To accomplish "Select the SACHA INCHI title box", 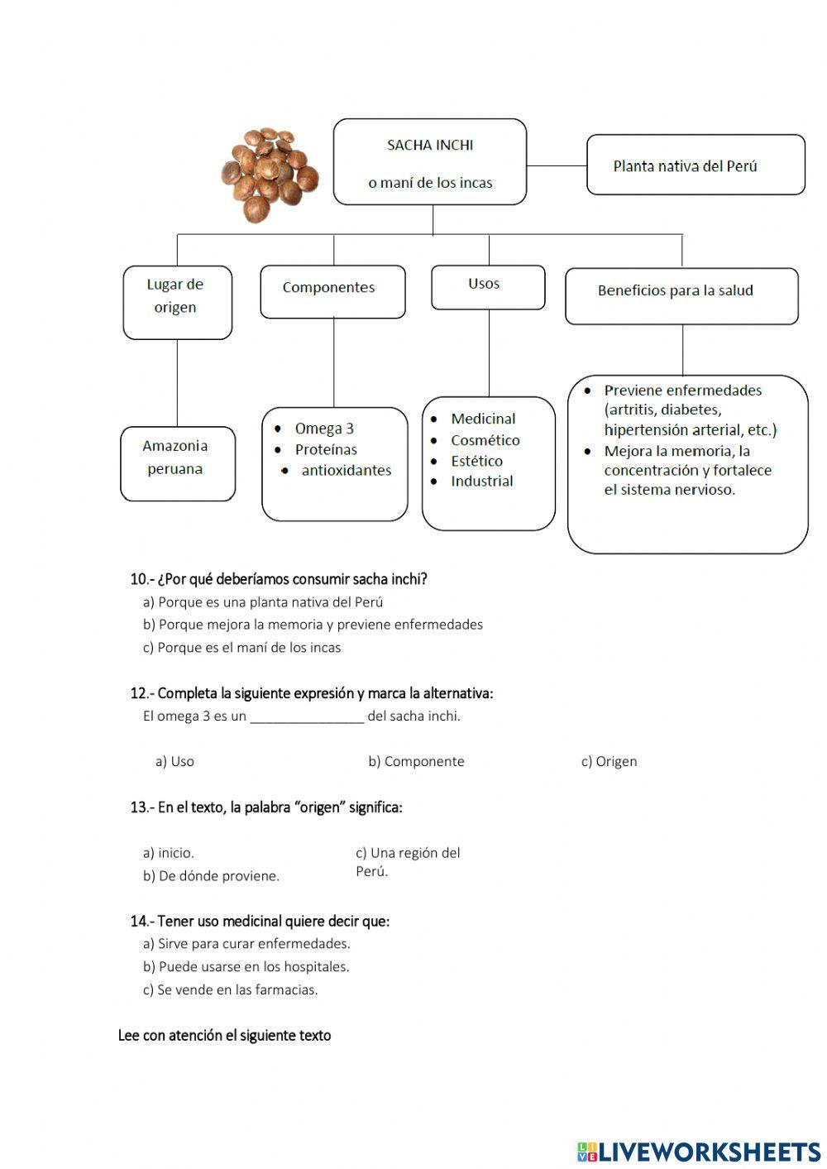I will [430, 162].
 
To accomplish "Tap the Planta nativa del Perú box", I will [695, 165].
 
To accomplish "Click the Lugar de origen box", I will [176, 302].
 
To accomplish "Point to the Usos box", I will [487, 286].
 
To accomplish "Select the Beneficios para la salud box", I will [681, 295].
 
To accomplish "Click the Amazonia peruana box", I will [177, 462].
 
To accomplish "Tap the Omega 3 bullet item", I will [323, 429].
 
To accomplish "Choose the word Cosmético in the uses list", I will [485, 440].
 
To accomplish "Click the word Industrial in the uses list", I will [481, 481].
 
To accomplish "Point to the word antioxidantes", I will [346, 471].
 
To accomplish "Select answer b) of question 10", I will [313, 625].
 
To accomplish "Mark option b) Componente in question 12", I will [416, 761].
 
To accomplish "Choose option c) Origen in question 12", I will [609, 761].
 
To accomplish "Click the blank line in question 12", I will [307, 717].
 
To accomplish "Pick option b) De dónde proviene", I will [211, 876].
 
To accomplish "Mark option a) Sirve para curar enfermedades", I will [246, 944].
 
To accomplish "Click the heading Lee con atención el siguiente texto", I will [224, 1036].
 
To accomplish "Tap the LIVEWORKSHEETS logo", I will [698, 1151].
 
